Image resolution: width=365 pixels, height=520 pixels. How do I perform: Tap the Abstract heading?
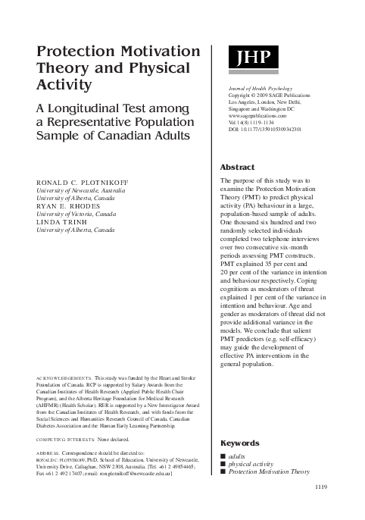coord(238,167)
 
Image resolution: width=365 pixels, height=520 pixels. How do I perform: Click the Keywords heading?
coord(240,443)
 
